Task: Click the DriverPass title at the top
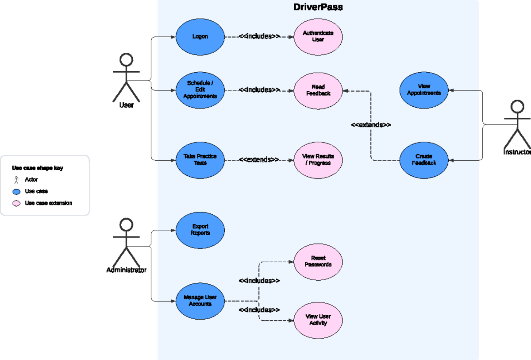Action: coord(318,8)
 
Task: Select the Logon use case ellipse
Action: coord(200,37)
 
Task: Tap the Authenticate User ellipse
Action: coord(318,36)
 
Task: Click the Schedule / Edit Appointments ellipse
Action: coord(200,90)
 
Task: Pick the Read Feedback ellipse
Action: coord(318,90)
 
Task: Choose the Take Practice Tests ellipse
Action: coord(200,159)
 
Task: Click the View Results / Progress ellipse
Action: coord(318,159)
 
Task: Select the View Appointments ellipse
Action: coord(424,90)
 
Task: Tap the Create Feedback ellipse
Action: coord(424,160)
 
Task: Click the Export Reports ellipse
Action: coord(200,230)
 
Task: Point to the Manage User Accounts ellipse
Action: coord(200,301)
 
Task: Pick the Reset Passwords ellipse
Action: coord(318,261)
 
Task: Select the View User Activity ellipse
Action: coord(318,320)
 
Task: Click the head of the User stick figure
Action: coord(127,60)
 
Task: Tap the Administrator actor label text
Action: coord(126,270)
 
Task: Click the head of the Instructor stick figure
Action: coord(517,107)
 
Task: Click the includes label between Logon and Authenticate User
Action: coord(259,36)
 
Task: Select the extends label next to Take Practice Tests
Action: coord(259,159)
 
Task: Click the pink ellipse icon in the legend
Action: coord(16,203)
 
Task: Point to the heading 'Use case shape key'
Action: coord(38,168)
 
